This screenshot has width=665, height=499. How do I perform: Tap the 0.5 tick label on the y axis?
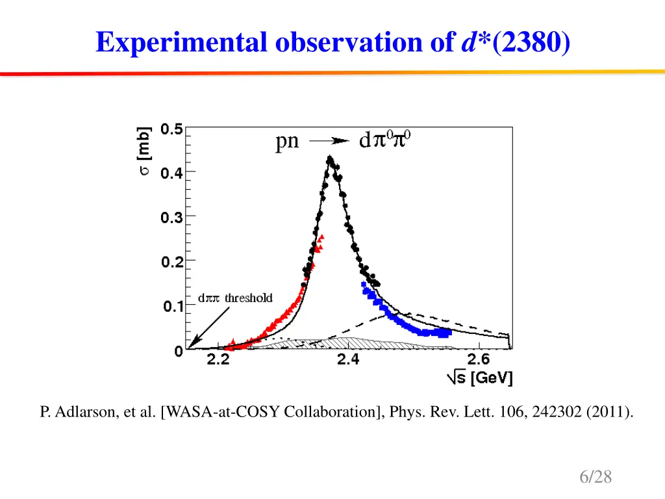(x=171, y=128)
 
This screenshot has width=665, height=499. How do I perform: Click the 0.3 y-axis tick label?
(x=171, y=217)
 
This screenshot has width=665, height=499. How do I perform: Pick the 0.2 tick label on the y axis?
(x=171, y=261)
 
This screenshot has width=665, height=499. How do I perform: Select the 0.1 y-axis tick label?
(x=171, y=306)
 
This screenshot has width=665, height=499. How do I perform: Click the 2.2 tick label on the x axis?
(x=219, y=361)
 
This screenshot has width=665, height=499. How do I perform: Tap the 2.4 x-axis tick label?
(x=349, y=361)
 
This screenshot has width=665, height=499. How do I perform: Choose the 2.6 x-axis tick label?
(x=479, y=361)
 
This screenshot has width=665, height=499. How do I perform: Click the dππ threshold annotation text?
(x=235, y=298)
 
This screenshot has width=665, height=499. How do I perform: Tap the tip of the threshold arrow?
(x=189, y=347)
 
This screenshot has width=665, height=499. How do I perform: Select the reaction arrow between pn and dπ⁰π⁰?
(x=330, y=141)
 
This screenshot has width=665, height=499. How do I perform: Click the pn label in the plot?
(x=287, y=141)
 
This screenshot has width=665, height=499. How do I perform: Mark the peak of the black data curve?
(x=330, y=158)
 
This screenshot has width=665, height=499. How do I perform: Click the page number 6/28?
(x=596, y=477)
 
